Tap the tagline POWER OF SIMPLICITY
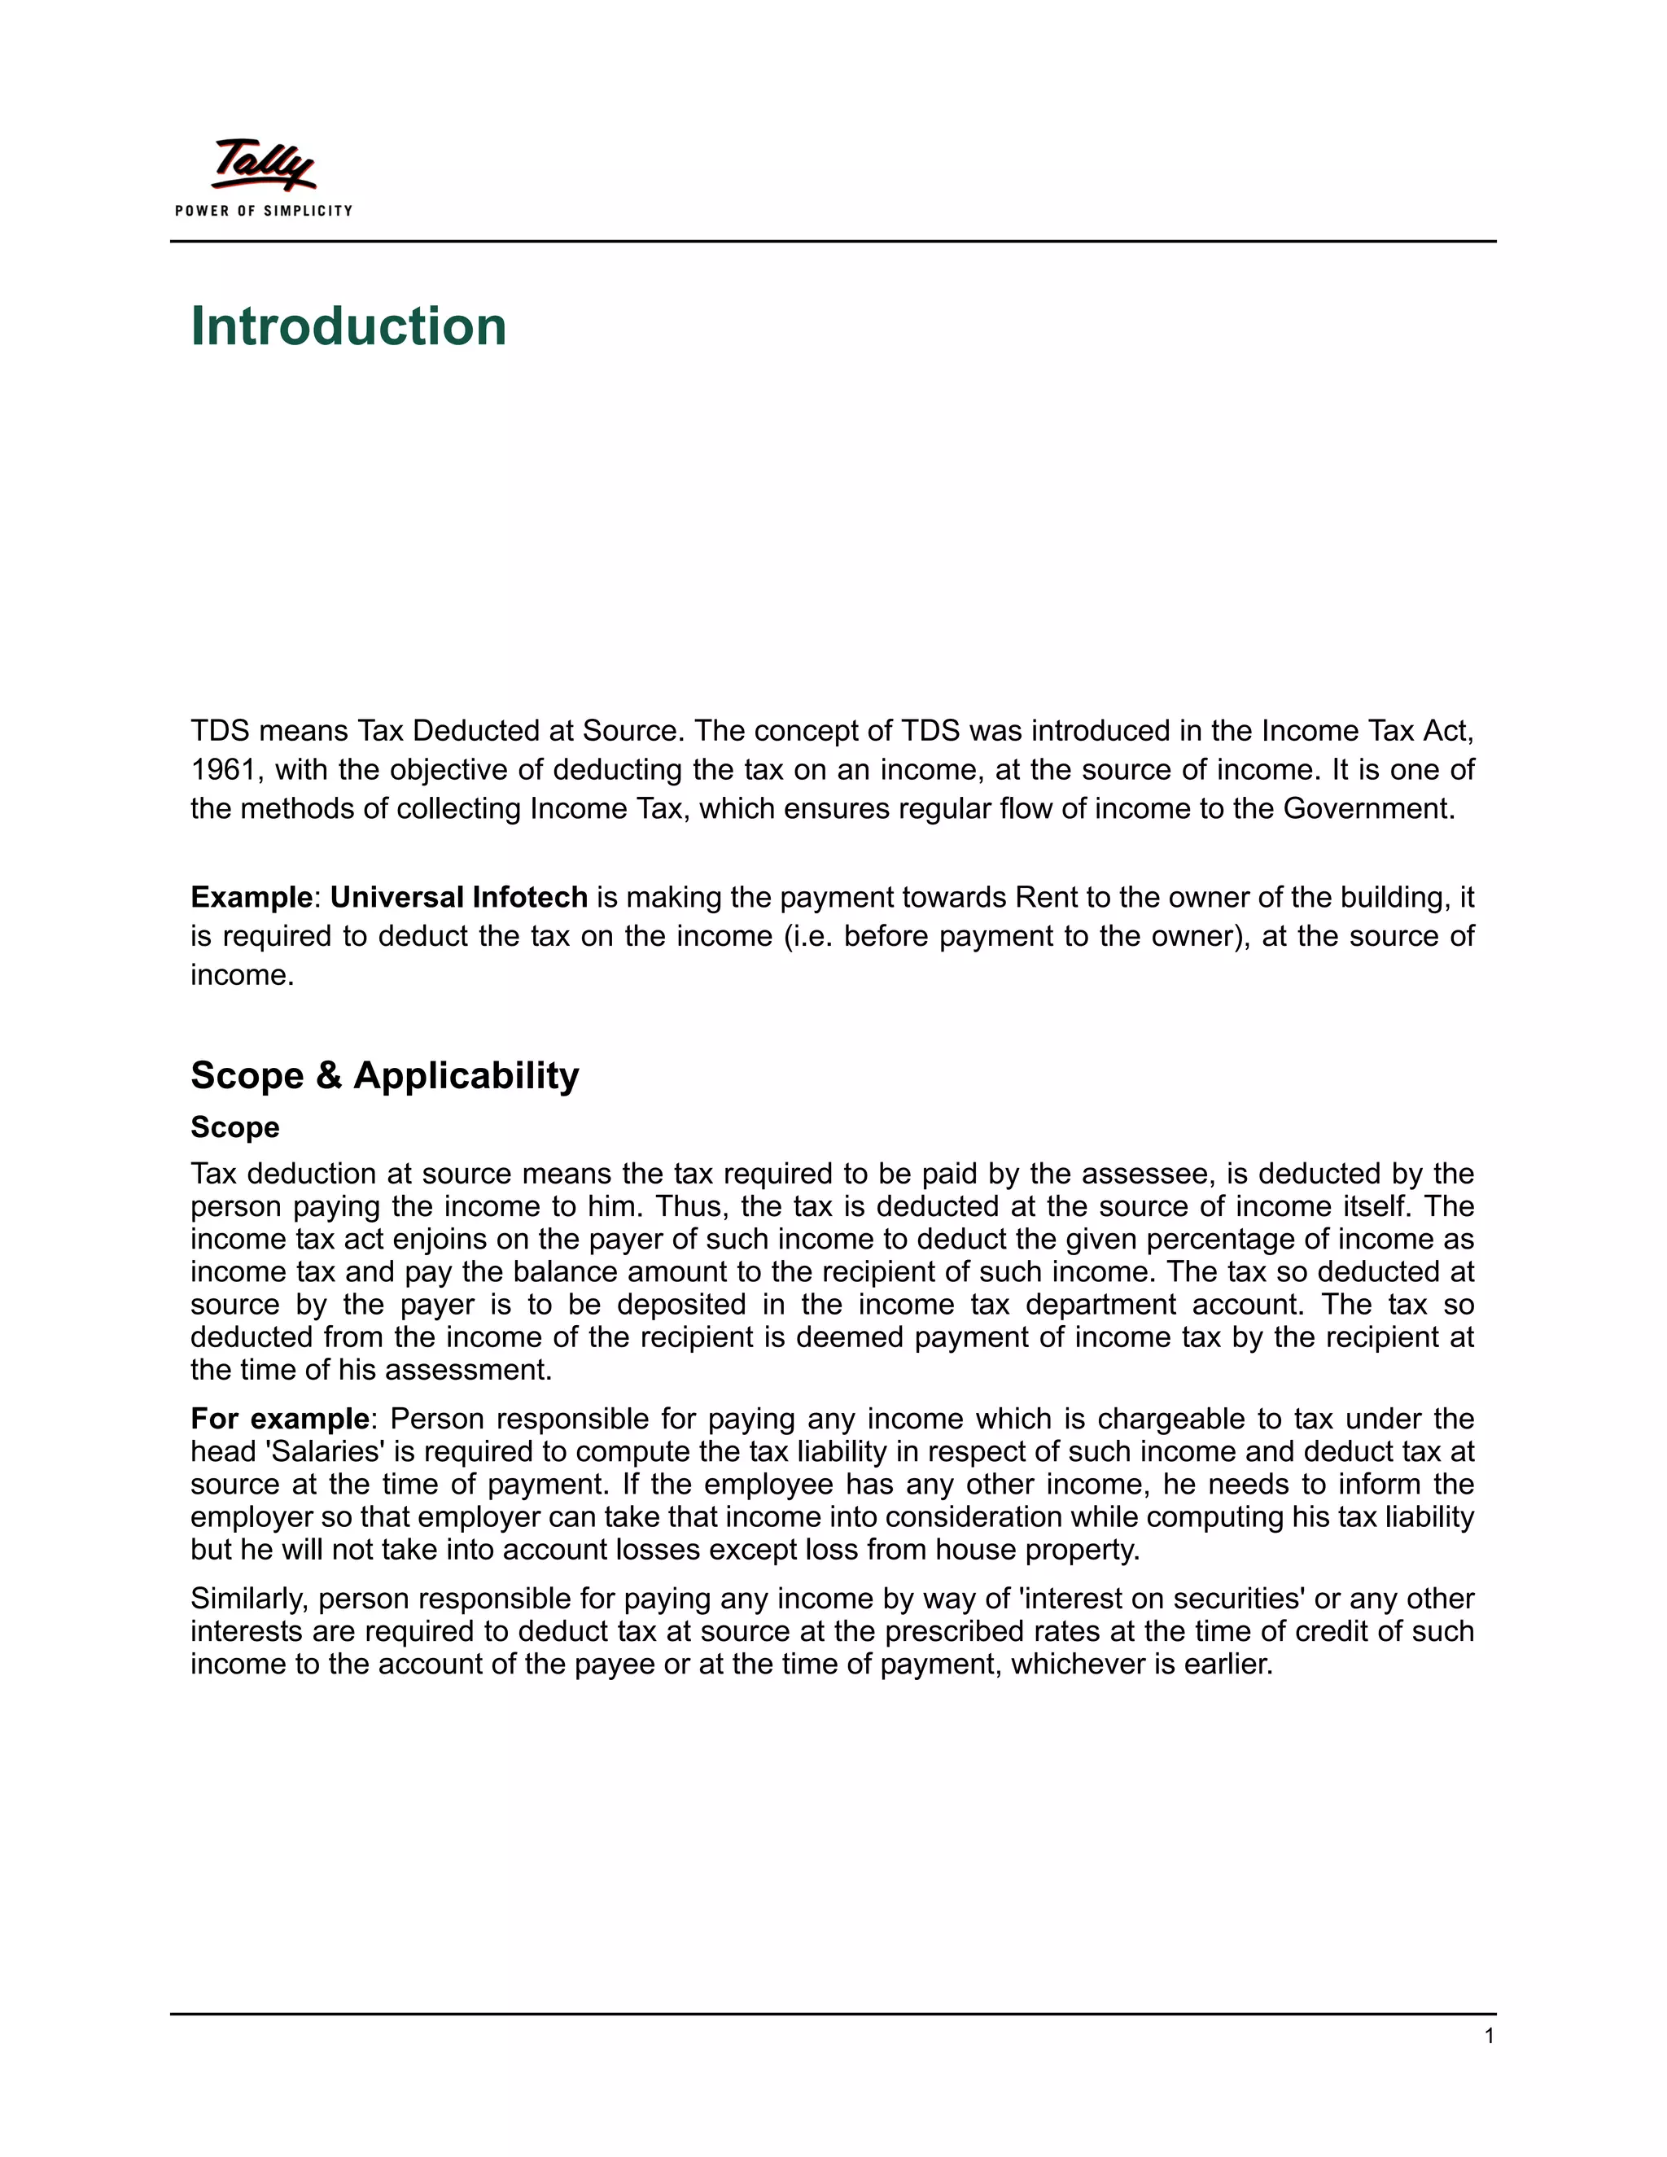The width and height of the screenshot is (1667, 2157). click(264, 210)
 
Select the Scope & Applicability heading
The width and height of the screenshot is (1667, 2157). click(384, 1074)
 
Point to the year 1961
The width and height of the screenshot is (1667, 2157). click(223, 769)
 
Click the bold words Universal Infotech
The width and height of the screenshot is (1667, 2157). click(458, 897)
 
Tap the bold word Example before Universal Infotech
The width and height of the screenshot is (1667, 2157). click(251, 897)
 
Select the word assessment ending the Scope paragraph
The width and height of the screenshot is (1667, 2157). click(466, 1370)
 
